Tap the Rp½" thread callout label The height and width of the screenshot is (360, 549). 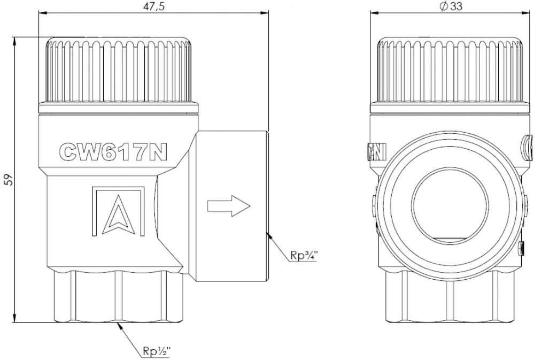[157, 351]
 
